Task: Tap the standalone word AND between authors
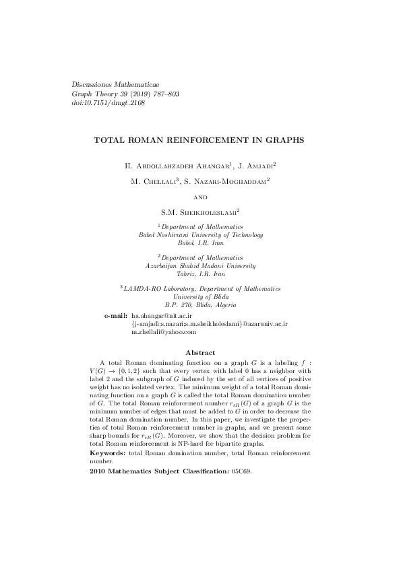click(200, 197)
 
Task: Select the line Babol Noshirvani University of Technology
click(200, 235)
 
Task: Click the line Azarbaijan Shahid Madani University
click(200, 266)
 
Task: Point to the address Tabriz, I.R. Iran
click(200, 274)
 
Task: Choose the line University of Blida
click(200, 297)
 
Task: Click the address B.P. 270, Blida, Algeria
click(200, 305)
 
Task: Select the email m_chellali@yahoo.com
click(163, 331)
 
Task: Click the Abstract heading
click(200, 352)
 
